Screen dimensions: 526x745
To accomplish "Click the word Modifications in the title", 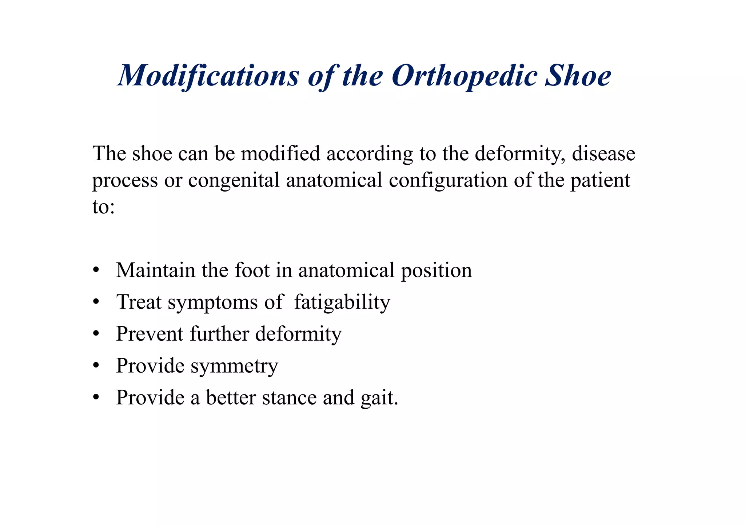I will coord(208,76).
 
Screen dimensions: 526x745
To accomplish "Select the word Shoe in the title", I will coord(578,76).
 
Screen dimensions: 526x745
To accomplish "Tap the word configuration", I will coord(448,180).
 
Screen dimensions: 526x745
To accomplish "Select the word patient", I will coord(600,180).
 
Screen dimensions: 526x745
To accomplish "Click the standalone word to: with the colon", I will coord(104,207).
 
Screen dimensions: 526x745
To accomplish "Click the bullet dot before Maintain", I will coord(96,270).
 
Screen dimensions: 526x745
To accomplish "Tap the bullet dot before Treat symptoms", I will coord(96,302).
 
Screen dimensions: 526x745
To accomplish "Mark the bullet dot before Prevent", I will coord(96,334).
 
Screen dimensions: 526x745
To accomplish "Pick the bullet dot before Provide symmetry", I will coord(96,365).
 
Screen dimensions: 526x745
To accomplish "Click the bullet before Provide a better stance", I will coord(96,397).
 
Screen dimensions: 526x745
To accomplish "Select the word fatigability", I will coord(342,302).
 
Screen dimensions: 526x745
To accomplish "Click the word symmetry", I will coord(234,366).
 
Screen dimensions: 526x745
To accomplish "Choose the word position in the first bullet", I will coord(436,271).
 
